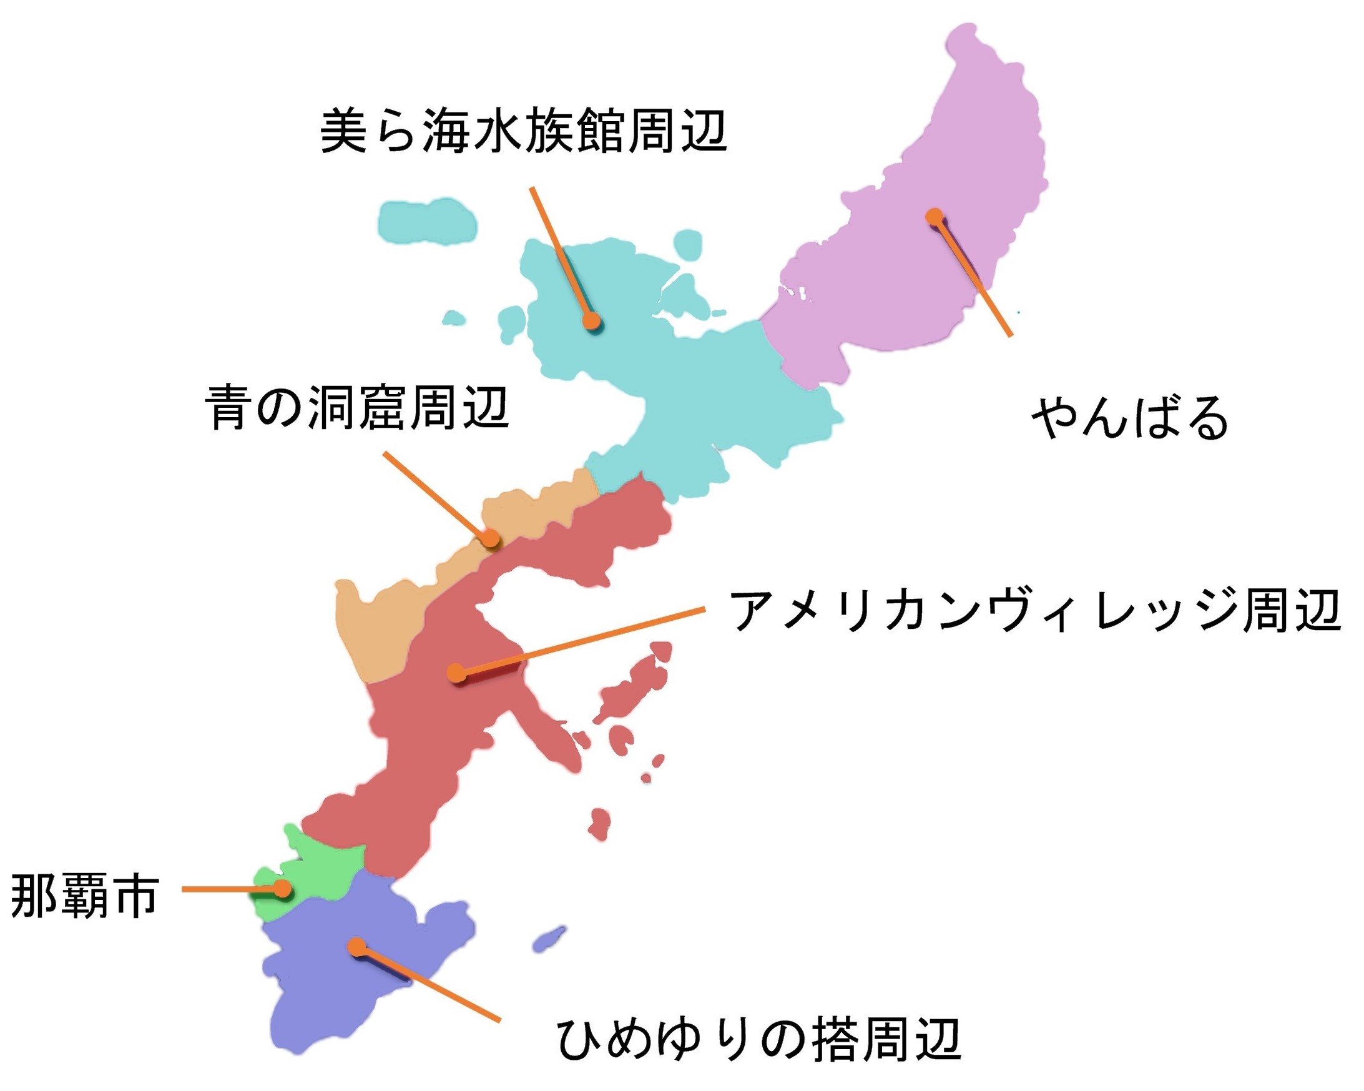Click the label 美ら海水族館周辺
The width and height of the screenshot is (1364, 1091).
(x=523, y=131)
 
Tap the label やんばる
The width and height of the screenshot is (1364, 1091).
(x=1130, y=418)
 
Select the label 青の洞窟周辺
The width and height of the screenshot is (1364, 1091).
(x=357, y=408)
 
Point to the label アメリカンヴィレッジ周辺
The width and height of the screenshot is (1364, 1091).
(x=1035, y=611)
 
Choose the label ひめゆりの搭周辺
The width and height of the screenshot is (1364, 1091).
(x=758, y=1040)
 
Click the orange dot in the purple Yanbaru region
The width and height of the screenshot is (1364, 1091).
(x=933, y=217)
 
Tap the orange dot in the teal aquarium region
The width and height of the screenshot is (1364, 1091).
(x=591, y=321)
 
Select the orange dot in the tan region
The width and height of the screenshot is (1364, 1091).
(x=490, y=538)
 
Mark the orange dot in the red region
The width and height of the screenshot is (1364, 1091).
(x=456, y=672)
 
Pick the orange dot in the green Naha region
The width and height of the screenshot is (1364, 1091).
(x=282, y=889)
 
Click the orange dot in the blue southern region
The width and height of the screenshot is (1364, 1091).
(x=357, y=947)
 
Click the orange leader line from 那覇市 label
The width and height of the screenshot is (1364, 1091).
(x=228, y=889)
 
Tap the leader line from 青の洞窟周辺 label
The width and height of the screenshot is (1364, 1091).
(x=436, y=495)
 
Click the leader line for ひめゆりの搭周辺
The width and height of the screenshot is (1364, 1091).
(x=430, y=984)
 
